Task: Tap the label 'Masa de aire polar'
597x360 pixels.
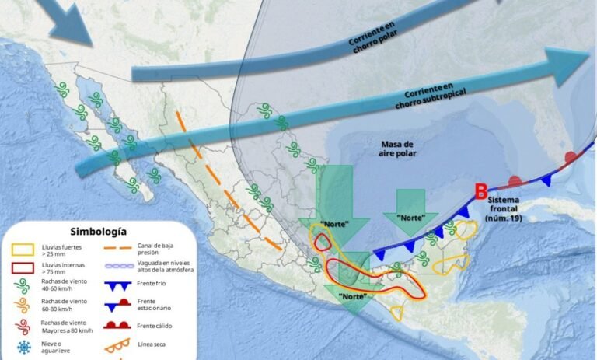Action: (399, 149)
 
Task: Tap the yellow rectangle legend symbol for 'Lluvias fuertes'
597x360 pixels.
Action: (23, 250)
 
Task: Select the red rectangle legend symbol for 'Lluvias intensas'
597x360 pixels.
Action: (23, 271)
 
